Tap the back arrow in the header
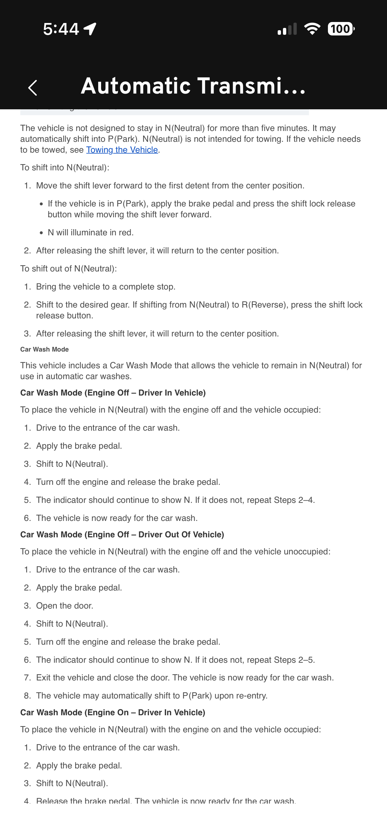point(32,88)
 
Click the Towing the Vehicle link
point(122,150)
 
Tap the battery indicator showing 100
point(341,29)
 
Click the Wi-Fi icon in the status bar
point(312,29)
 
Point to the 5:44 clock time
point(61,29)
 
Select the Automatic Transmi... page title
point(193,86)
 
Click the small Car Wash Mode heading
point(44,350)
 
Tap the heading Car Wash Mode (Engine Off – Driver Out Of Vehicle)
point(122,535)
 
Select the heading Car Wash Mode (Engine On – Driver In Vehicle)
point(113,713)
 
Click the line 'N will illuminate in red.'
point(91,233)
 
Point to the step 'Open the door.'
point(65,606)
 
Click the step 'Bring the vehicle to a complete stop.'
point(106,287)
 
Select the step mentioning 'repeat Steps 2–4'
point(175,500)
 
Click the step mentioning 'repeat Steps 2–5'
point(175,660)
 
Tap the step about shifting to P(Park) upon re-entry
point(152,696)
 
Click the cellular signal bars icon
point(287,29)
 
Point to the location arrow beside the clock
point(90,29)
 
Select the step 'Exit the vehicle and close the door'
point(185,678)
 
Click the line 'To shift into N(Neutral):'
point(65,168)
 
